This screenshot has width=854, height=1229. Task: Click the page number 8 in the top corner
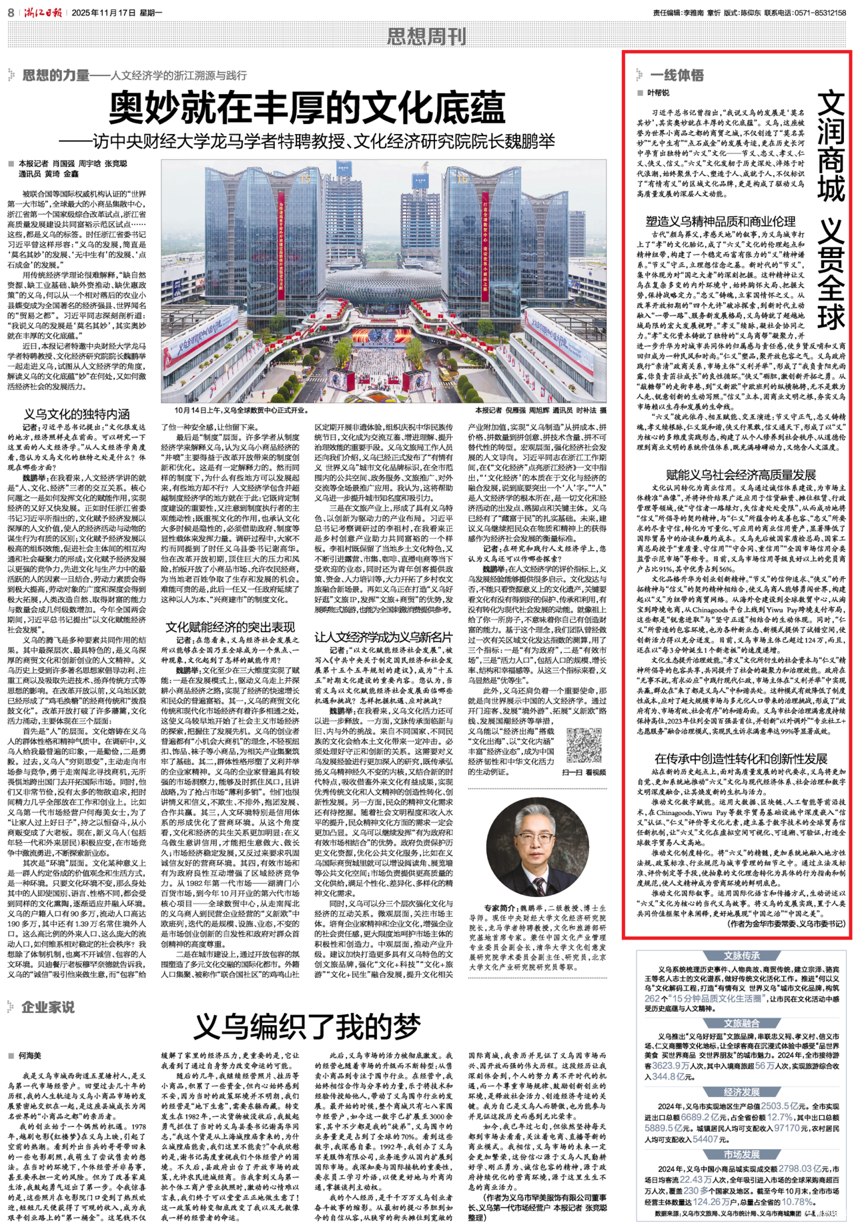(11, 13)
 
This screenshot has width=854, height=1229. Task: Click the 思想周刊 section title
(426, 37)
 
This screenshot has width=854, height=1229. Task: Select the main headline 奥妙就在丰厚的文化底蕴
(307, 109)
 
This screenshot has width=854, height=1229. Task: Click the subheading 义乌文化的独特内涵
(77, 413)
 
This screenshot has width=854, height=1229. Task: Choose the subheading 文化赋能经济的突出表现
(230, 627)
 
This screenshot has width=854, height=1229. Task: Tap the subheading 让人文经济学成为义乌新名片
(383, 637)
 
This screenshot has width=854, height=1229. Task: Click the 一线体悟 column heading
(677, 75)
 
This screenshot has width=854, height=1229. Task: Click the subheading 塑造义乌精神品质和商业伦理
(721, 221)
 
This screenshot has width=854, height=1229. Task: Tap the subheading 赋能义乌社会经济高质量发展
(741, 475)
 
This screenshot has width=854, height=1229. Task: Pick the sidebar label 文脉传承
(741, 956)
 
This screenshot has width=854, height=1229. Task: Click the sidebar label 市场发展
(741, 1154)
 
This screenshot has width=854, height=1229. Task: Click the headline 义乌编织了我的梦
(307, 1028)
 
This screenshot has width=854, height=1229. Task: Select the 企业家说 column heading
(47, 1007)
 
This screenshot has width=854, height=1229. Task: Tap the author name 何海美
(30, 1056)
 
